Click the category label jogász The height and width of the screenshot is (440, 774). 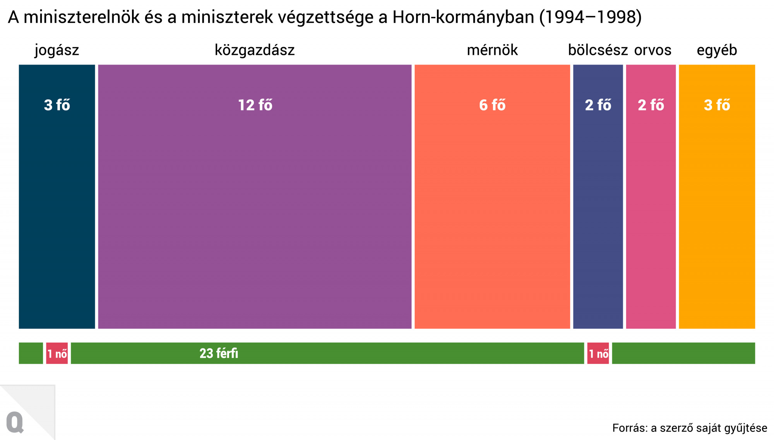pyautogui.click(x=57, y=50)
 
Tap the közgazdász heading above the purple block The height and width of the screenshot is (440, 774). pyautogui.click(x=255, y=50)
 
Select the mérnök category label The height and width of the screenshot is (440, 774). pyautogui.click(x=492, y=50)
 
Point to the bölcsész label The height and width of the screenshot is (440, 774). pyautogui.click(x=598, y=50)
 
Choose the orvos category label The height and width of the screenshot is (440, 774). pyautogui.click(x=652, y=50)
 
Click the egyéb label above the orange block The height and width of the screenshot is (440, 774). pyautogui.click(x=717, y=50)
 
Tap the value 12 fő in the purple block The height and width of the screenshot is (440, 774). pyautogui.click(x=255, y=105)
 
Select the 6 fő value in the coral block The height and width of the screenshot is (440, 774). pyautogui.click(x=492, y=105)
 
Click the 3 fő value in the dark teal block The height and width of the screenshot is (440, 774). pyautogui.click(x=57, y=105)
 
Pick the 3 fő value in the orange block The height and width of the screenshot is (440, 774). pyautogui.click(x=717, y=105)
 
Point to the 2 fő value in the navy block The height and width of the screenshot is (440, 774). pyautogui.click(x=598, y=105)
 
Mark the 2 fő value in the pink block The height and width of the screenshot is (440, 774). pyautogui.click(x=651, y=105)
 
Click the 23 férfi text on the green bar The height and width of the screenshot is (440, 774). pyautogui.click(x=219, y=353)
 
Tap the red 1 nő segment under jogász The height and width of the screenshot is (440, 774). pyautogui.click(x=57, y=353)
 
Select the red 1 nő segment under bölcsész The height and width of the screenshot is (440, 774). pyautogui.click(x=598, y=353)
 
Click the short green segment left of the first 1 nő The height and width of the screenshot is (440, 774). pyautogui.click(x=31, y=353)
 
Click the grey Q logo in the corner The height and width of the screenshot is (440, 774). pyautogui.click(x=15, y=422)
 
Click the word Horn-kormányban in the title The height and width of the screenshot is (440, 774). pyautogui.click(x=463, y=17)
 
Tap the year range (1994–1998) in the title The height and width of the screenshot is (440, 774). pyautogui.click(x=590, y=17)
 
